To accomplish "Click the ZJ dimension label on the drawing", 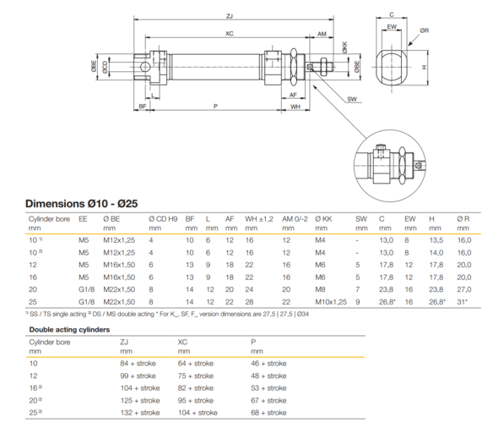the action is [x=229, y=16].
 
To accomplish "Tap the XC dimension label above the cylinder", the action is [x=229, y=34].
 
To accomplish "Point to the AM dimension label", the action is [x=322, y=34].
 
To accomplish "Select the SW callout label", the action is [x=352, y=99].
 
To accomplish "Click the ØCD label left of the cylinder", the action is [x=106, y=67].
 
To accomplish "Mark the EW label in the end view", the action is [x=392, y=27].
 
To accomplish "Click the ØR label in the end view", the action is [x=425, y=30].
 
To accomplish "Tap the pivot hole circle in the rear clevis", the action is [x=145, y=67].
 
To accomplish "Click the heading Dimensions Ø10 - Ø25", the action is [x=81, y=204].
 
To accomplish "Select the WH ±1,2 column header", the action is [x=258, y=219].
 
